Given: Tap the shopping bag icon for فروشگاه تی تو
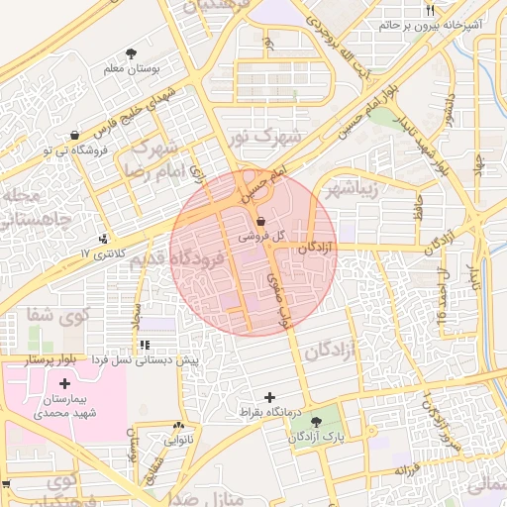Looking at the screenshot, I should (75, 135).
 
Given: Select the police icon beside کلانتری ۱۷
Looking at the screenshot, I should (105, 239).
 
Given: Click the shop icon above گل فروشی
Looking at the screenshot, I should (261, 221).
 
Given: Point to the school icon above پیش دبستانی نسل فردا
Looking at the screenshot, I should (146, 345).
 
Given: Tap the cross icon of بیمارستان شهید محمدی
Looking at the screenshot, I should (65, 383).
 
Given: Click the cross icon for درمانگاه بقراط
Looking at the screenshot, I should (268, 397).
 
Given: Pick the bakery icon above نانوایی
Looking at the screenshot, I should (179, 419).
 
